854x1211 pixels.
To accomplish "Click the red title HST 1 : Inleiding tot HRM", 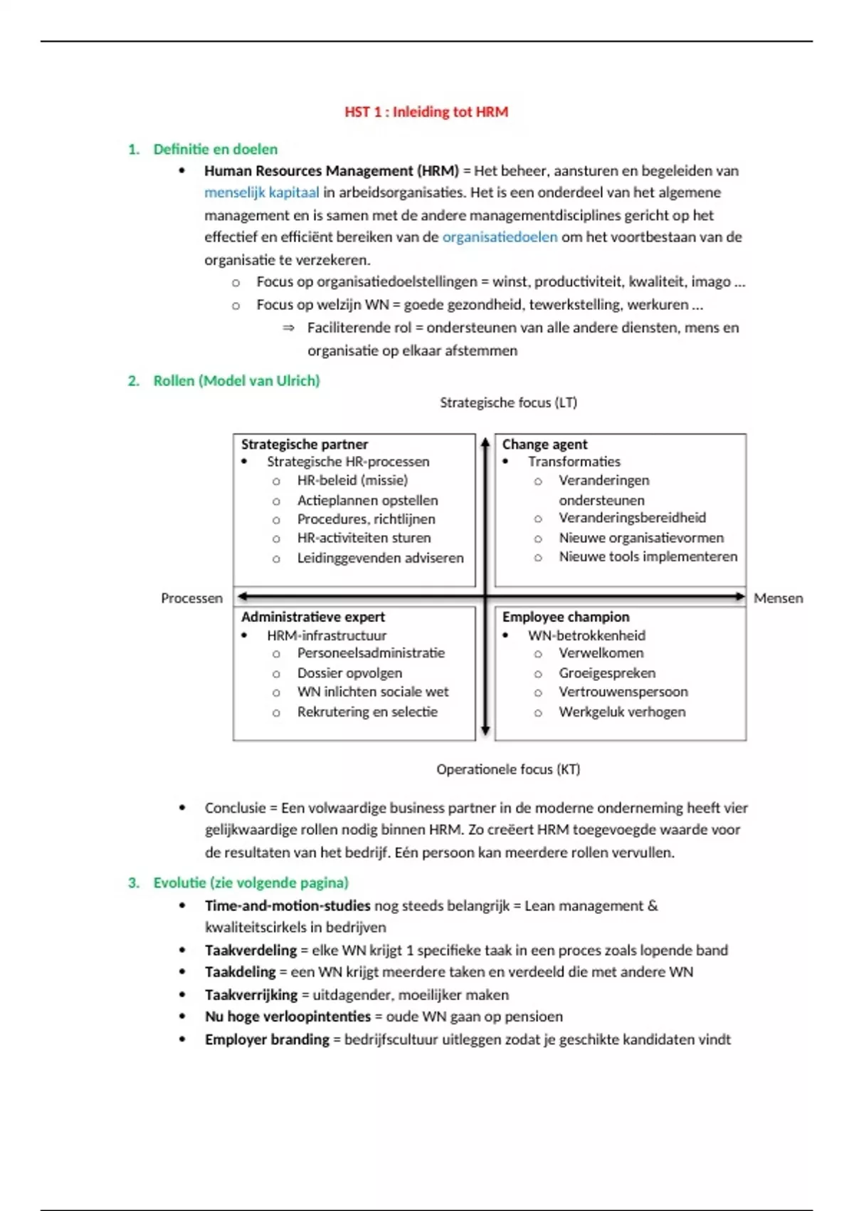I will coord(426,112).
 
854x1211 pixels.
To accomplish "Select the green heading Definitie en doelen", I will coord(215,149).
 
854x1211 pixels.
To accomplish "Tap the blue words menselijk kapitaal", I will coord(261,192).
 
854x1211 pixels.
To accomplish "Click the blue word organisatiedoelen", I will coord(500,237).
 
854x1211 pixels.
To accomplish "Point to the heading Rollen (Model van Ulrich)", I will coord(236,380).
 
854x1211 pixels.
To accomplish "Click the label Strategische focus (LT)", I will coord(508,402).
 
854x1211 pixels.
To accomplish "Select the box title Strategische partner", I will coord(305,444).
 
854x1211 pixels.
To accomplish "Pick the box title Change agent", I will coord(544,444).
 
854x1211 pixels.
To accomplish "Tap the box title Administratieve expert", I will coord(312,617).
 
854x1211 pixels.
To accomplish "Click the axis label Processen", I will coord(191,598).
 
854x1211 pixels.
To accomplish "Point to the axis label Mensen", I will coord(778,598).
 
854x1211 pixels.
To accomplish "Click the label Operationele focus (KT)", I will coord(508,769).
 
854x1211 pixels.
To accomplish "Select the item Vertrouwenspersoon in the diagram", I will coord(623,692).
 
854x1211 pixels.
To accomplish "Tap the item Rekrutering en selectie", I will coord(367,712).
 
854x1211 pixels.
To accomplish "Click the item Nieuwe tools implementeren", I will coord(648,556).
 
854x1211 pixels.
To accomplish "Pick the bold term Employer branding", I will coord(267,1039).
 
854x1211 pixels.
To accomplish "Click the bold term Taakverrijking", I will coord(251,994).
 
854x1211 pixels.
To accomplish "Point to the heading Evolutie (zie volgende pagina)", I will coord(251,883).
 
